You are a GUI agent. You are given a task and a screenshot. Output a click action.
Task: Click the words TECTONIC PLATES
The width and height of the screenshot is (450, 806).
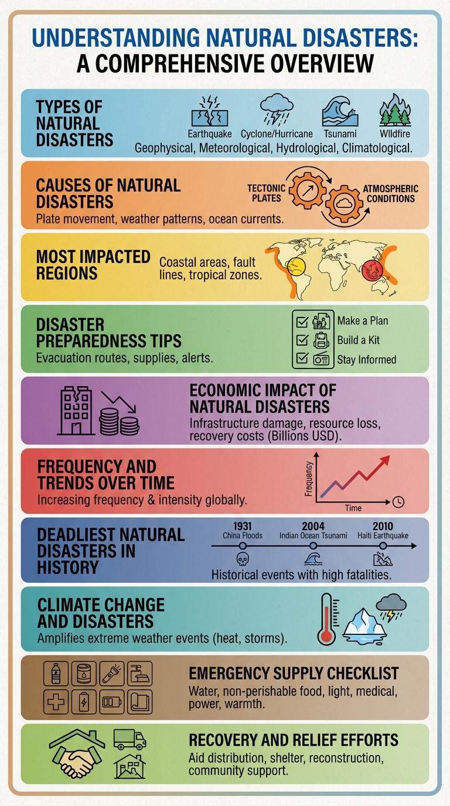(266, 193)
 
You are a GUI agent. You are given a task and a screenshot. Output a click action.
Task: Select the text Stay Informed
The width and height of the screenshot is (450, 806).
(367, 359)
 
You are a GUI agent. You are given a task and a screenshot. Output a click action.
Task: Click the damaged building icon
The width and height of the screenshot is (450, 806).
(76, 411)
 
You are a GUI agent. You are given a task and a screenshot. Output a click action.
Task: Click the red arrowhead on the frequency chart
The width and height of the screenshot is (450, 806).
(384, 462)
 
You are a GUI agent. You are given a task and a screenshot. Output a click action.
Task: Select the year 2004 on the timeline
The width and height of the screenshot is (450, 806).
(313, 527)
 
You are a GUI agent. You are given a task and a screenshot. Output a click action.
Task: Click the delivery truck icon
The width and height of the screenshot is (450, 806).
(129, 740)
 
